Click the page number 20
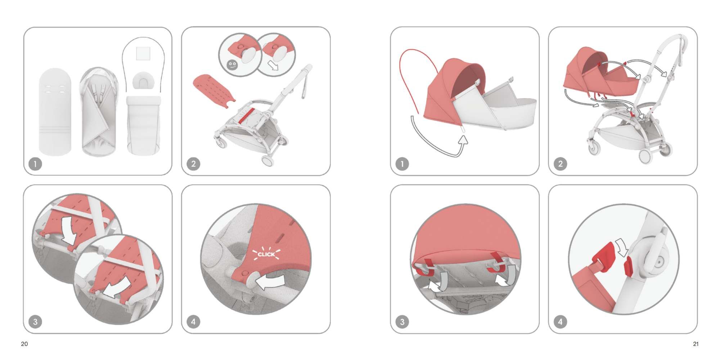[24, 344]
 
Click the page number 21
[696, 344]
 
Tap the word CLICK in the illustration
[266, 254]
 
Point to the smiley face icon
[231, 65]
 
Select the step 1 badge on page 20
[35, 164]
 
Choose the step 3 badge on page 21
[402, 321]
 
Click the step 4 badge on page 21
[560, 321]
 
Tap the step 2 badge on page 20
[193, 164]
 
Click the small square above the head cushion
[143, 53]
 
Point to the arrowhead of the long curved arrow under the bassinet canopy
[463, 139]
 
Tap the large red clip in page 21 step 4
[603, 257]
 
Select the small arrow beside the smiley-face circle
[273, 65]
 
